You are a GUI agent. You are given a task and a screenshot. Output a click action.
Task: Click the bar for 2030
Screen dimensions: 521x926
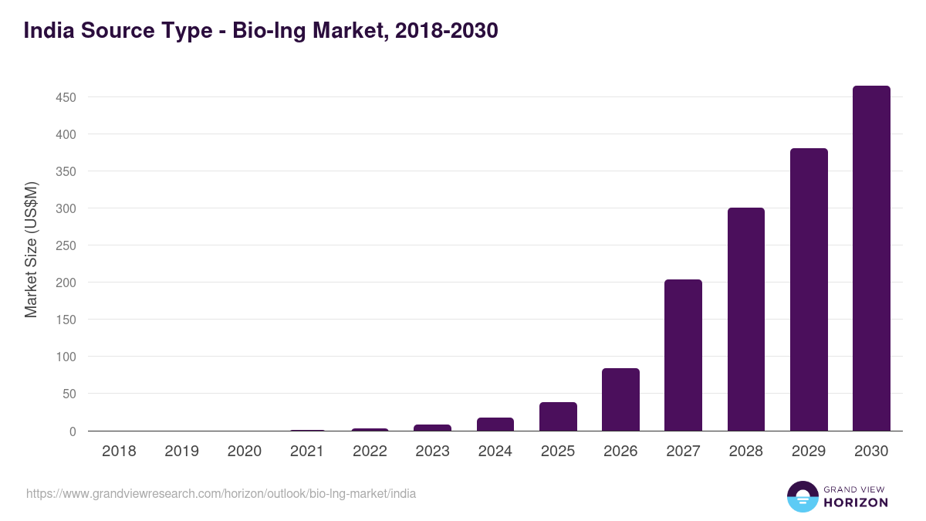tap(871, 259)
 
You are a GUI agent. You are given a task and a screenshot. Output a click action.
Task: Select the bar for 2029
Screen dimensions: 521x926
tap(809, 289)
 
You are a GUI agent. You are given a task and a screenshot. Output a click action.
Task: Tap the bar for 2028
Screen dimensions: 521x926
tap(745, 320)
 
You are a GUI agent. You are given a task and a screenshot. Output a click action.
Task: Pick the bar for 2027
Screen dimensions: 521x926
tap(683, 355)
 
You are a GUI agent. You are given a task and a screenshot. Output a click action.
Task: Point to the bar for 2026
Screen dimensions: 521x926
tap(620, 400)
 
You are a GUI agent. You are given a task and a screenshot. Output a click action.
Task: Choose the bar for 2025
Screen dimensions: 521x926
tap(558, 417)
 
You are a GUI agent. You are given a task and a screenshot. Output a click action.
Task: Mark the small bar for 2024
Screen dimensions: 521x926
tap(495, 425)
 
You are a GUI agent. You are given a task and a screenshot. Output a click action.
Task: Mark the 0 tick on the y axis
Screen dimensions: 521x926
tap(73, 431)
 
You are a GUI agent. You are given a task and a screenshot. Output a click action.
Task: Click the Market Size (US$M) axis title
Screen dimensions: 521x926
tap(31, 249)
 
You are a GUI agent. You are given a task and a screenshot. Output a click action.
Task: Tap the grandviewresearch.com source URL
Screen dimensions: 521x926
tap(221, 493)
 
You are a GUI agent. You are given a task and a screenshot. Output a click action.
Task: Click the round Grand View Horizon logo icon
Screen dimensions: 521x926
tap(802, 496)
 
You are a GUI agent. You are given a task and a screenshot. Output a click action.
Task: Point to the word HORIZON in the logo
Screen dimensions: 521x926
tap(856, 502)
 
